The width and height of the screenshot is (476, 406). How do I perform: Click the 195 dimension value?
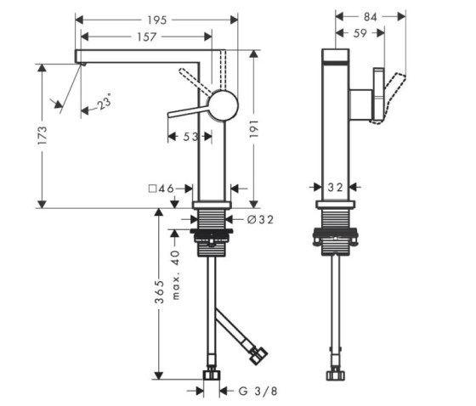(x=157, y=20)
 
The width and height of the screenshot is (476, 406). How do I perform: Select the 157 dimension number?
(x=146, y=37)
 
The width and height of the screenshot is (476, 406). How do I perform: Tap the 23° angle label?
(x=105, y=102)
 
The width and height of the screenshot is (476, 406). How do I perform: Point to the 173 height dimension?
(x=42, y=135)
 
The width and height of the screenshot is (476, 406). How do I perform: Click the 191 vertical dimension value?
(x=254, y=128)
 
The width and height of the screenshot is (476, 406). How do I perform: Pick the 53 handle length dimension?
(x=190, y=137)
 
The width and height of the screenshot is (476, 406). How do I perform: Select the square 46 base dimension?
(x=161, y=189)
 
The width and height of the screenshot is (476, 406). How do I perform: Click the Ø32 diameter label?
(x=260, y=219)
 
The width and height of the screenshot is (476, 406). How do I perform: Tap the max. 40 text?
(x=176, y=275)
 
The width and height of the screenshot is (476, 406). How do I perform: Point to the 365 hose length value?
(x=159, y=291)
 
